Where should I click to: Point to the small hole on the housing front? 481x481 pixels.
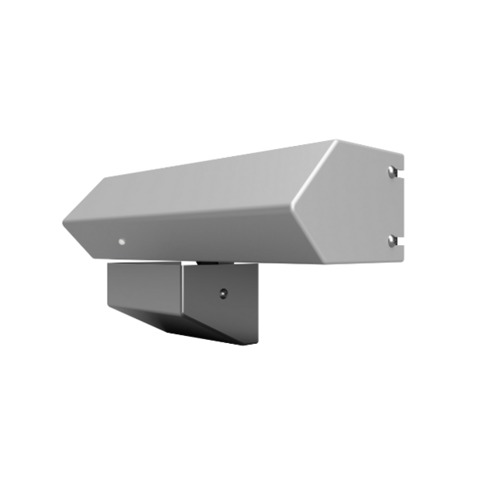click(121, 240)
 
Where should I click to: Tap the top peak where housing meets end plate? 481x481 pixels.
click(335, 141)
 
